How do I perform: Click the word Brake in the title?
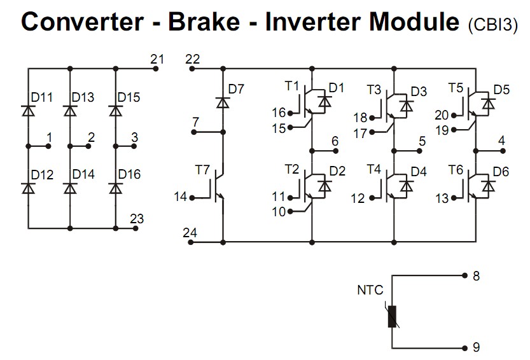pos(204,22)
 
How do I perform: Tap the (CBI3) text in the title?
pos(493,24)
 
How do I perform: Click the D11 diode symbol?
pos(29,111)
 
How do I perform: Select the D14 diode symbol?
pos(70,188)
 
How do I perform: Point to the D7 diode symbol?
pos(223,102)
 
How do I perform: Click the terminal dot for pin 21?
pos(156,69)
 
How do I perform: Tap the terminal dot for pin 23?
pos(136,228)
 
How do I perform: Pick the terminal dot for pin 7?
pos(194,132)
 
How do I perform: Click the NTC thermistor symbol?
pos(392,316)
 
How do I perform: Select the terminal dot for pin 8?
pos(464,275)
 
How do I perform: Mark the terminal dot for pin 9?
pos(464,348)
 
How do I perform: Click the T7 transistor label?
pos(202,170)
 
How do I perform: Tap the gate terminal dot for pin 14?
pos(192,198)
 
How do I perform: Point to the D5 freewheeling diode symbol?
pos(488,104)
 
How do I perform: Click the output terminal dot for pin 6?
pos(336,151)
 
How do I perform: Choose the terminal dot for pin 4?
pos(503,151)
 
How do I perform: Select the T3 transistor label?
pos(374,90)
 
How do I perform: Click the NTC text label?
pos(370,290)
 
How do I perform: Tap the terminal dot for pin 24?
pos(191,242)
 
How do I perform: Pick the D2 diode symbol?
pos(325,186)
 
